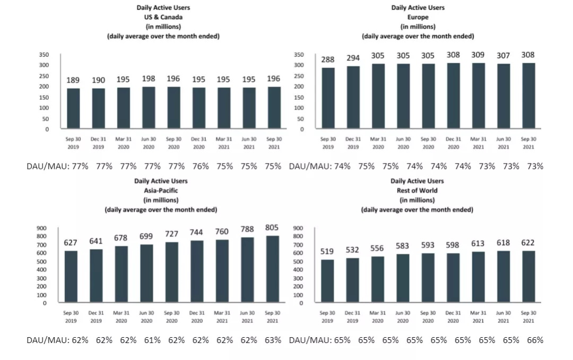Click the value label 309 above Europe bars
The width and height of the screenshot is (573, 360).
pyautogui.click(x=477, y=55)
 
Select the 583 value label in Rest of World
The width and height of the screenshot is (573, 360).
pyautogui.click(x=402, y=246)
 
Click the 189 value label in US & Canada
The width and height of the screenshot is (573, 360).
pyautogui.click(x=73, y=80)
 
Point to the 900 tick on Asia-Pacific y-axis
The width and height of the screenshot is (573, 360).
pyautogui.click(x=41, y=228)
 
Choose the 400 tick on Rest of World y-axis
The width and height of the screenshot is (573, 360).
pyautogui.click(x=298, y=270)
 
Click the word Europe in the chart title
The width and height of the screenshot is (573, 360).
pyautogui.click(x=418, y=17)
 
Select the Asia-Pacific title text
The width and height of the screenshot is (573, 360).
pyautogui.click(x=161, y=191)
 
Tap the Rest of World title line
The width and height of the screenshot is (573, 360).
pyautogui.click(x=417, y=191)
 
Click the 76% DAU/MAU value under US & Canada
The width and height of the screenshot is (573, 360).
pyautogui.click(x=199, y=166)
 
